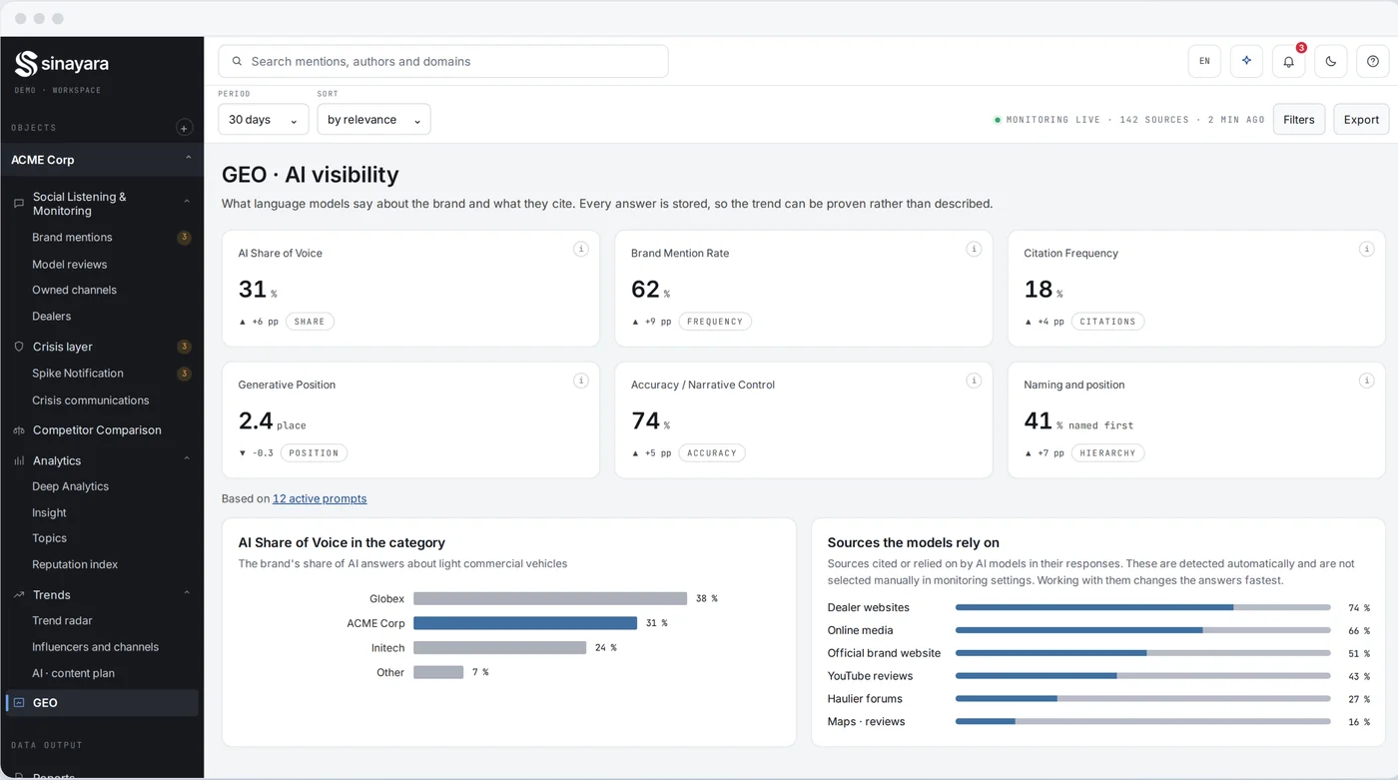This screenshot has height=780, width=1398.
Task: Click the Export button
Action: click(1361, 119)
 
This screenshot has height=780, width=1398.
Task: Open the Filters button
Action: click(1299, 119)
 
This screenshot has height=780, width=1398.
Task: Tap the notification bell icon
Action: click(1288, 61)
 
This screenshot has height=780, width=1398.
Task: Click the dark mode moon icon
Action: click(1330, 61)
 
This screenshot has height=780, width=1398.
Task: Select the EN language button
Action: click(1204, 61)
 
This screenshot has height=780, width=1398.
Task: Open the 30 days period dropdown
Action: click(264, 119)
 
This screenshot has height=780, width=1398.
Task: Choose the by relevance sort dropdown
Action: click(373, 119)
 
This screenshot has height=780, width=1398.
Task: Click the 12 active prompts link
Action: click(320, 498)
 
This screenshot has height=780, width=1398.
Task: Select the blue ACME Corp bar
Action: click(525, 623)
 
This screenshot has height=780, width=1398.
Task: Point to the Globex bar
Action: click(550, 598)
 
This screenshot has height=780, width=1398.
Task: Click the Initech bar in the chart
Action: click(499, 648)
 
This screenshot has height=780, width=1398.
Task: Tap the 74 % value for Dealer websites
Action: click(1359, 608)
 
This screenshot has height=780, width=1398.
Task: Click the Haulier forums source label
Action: click(865, 698)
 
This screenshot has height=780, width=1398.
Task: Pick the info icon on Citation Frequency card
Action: click(1366, 249)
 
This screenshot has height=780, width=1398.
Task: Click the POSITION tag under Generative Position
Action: click(314, 453)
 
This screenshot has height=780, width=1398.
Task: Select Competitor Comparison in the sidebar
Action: click(97, 429)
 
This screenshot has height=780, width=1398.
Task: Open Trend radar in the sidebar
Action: click(62, 620)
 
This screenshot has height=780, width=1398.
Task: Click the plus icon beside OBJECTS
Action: click(184, 128)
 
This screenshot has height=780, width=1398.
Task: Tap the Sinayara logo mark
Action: click(26, 64)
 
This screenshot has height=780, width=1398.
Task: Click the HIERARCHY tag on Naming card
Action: click(1107, 453)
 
